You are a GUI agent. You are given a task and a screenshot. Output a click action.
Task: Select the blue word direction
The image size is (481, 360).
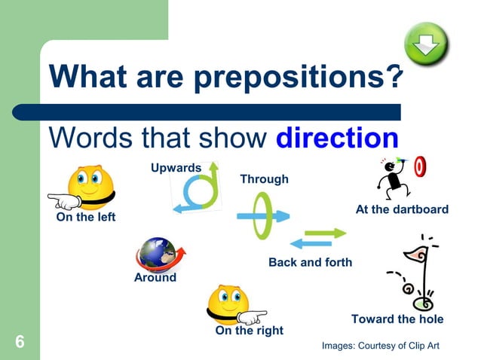[x=337, y=138]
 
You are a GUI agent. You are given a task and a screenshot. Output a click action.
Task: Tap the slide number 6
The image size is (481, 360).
[x=20, y=343]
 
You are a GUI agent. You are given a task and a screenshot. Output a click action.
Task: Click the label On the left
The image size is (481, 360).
[x=86, y=218]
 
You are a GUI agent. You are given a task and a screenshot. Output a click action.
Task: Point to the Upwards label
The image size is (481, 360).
[x=176, y=167]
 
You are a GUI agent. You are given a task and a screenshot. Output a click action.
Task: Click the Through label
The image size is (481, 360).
[x=264, y=179]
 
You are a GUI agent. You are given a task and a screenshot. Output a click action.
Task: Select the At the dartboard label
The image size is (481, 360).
[x=402, y=209]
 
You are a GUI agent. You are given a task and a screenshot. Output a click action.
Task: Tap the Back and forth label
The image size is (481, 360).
[x=310, y=263]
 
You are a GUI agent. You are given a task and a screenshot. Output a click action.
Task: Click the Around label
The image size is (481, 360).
[x=155, y=277]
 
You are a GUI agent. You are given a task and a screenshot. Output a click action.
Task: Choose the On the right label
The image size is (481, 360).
[x=250, y=331]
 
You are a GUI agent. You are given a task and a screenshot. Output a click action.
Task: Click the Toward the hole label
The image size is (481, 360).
[x=397, y=319]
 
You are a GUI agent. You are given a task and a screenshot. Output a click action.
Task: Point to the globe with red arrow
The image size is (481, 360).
[x=159, y=255]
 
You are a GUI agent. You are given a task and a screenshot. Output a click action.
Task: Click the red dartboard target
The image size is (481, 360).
[x=421, y=167]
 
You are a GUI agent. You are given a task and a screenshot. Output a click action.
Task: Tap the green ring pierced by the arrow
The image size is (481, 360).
[x=262, y=215]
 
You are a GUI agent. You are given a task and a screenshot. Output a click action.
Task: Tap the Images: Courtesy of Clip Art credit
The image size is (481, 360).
[x=380, y=345]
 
